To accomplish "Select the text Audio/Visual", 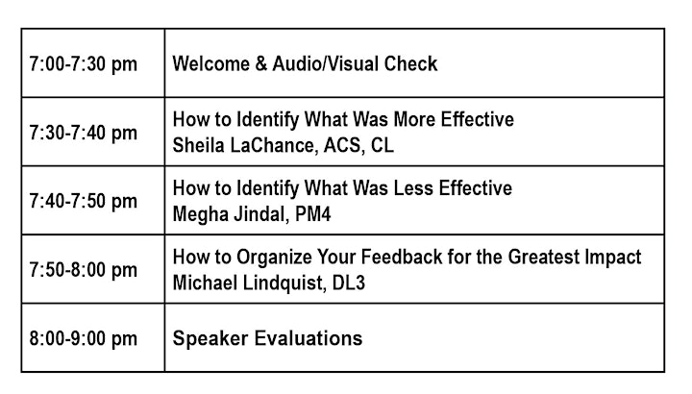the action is pos(325,63).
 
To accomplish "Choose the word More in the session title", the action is pos(414,119).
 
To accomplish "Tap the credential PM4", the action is pos(313,214).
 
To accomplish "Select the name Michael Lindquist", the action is pos(249,283).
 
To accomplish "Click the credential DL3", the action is pos(349,283).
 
